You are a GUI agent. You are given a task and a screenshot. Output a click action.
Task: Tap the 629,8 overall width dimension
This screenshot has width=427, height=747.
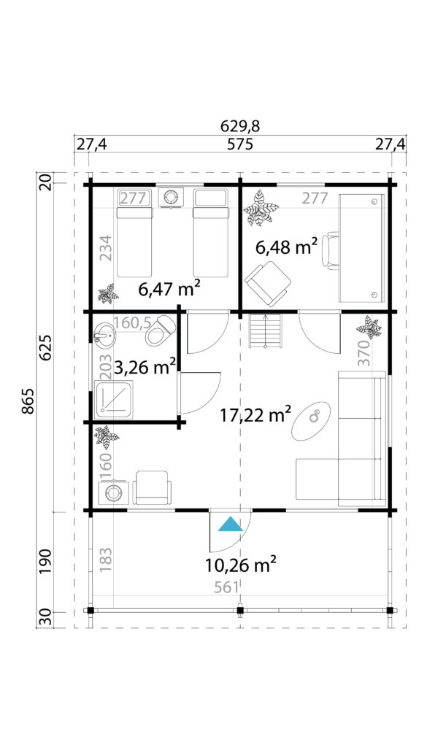pos(240,127)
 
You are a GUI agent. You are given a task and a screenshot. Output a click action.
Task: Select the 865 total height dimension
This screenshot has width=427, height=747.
pos(28,401)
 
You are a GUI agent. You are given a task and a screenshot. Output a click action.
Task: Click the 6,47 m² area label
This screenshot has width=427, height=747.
pos(169,289)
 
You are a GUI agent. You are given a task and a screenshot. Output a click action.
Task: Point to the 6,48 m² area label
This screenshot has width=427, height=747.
pos(287,247)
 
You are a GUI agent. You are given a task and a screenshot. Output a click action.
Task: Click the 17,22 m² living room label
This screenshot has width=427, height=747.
pos(255,414)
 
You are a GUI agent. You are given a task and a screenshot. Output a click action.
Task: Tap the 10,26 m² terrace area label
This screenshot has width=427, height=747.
pos(241,565)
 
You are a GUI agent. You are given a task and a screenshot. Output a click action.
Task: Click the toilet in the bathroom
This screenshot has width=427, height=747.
pos(161,330)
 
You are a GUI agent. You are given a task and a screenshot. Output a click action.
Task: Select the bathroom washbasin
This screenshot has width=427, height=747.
pos(104,336)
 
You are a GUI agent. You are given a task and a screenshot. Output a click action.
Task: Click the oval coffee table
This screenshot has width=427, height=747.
pos(312,421)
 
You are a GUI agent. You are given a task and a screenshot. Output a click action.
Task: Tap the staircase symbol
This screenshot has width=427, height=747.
pos(266,331)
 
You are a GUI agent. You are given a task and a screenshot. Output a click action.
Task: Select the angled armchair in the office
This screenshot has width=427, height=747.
pos(268,283)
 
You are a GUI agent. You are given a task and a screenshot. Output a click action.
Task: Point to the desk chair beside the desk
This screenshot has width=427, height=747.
pos(330,250)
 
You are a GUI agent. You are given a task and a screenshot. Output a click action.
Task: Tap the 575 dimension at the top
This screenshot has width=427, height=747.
pos(239,144)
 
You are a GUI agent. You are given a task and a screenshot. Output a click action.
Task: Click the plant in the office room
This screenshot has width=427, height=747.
pos(261,208)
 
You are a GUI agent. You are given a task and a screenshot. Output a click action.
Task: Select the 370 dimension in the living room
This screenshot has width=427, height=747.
pos(364,352)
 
